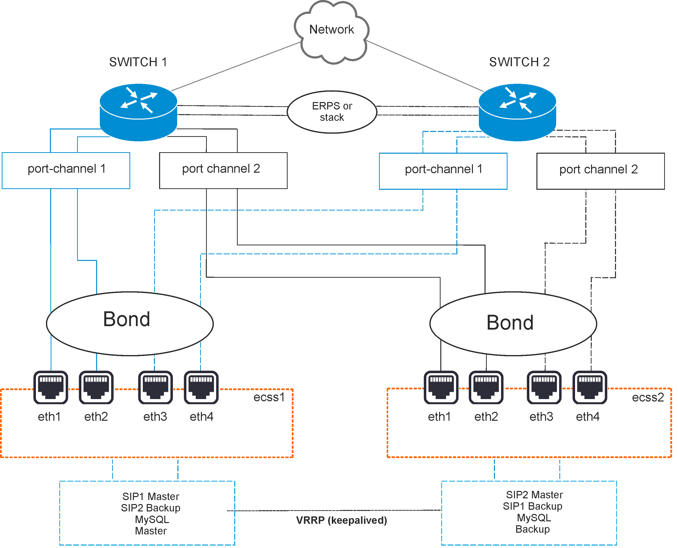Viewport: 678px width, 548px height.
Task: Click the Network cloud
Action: click(x=331, y=30)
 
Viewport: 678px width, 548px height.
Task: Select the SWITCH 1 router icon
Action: click(x=138, y=112)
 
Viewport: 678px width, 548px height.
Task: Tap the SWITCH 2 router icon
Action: click(x=517, y=112)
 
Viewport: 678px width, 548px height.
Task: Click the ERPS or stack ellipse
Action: click(x=332, y=112)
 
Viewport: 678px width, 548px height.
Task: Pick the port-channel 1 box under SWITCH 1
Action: click(x=66, y=170)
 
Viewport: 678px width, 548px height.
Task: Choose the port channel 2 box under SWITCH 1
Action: click(x=223, y=170)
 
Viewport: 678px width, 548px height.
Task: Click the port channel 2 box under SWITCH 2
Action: click(x=600, y=171)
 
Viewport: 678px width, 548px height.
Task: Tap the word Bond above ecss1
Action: click(x=127, y=319)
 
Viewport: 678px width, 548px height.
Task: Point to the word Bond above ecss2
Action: click(x=510, y=323)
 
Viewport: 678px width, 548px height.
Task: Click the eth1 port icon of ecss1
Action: click(x=50, y=387)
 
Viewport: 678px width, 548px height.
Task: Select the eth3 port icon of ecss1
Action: click(x=155, y=387)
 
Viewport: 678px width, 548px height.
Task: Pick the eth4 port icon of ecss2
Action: click(x=590, y=387)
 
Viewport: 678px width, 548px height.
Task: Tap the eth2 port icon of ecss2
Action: click(x=486, y=387)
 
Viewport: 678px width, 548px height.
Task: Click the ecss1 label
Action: click(x=269, y=397)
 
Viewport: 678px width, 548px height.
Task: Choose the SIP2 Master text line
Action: click(x=534, y=495)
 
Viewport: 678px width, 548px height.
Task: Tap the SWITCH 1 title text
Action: click(x=138, y=62)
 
